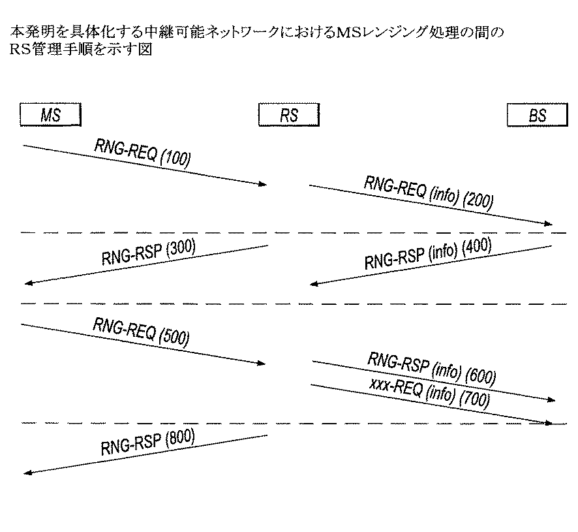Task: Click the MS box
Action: tap(50, 115)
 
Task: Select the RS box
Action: tap(289, 116)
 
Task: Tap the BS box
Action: tap(537, 116)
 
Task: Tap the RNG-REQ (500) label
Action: tap(141, 330)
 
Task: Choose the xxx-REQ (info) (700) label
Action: tap(429, 392)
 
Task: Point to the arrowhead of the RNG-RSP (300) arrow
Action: tap(27, 283)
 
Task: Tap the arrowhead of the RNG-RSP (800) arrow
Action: tap(27, 473)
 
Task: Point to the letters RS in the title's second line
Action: tap(21, 49)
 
